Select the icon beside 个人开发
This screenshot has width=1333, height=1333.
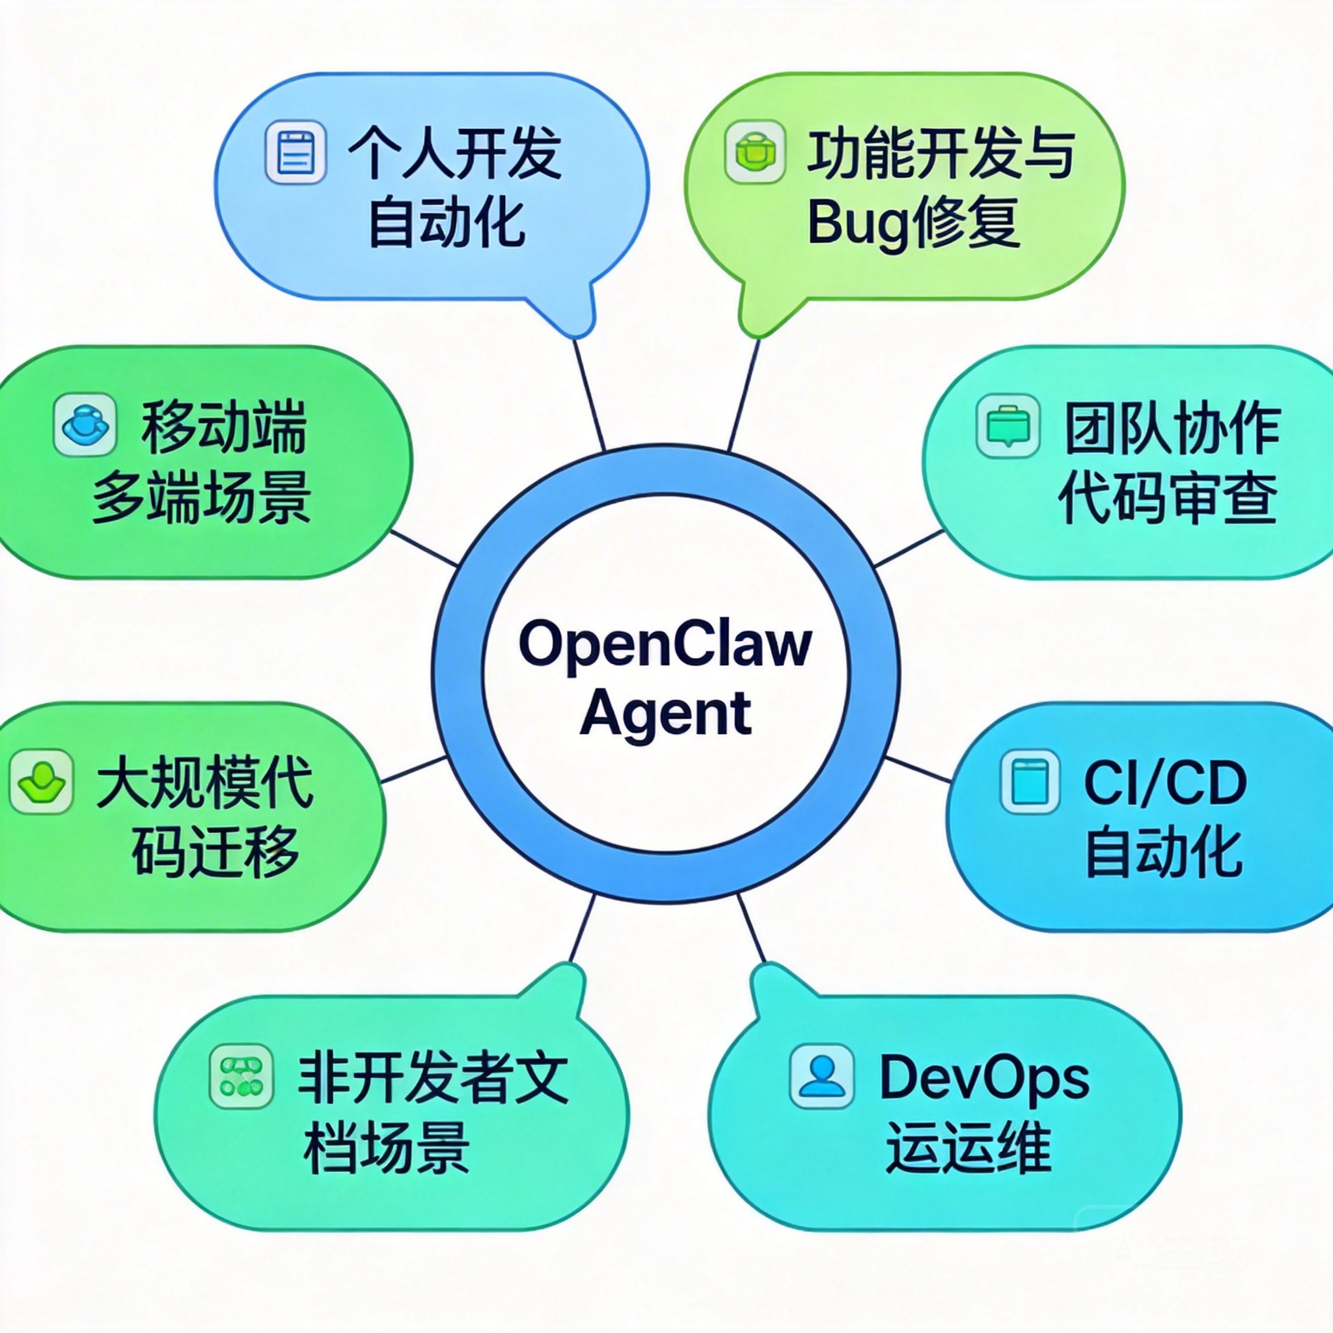pos(295,152)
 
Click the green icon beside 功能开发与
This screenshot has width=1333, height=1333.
pos(755,152)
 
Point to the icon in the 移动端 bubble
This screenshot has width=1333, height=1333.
pos(85,425)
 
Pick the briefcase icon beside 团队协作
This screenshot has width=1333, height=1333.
pos(1008,425)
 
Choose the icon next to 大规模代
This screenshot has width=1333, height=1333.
pos(41,782)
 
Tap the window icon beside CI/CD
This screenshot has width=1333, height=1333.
pos(1030,782)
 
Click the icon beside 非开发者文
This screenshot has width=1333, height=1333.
pos(241,1077)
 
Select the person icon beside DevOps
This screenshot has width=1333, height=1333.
pos(821,1077)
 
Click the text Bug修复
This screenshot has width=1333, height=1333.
pos(913,223)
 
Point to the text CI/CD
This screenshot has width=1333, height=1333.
pos(1165,783)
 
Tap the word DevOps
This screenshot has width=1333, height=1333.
pos(985,1078)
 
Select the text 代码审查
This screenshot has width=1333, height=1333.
pos(1168,498)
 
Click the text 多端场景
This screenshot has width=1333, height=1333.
pos(202,498)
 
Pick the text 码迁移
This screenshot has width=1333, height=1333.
pos(215,853)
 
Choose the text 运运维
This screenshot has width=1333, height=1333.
pos(968,1148)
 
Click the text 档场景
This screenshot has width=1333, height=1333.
pos(387,1148)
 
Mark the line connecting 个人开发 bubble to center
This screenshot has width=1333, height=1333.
pos(589,394)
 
